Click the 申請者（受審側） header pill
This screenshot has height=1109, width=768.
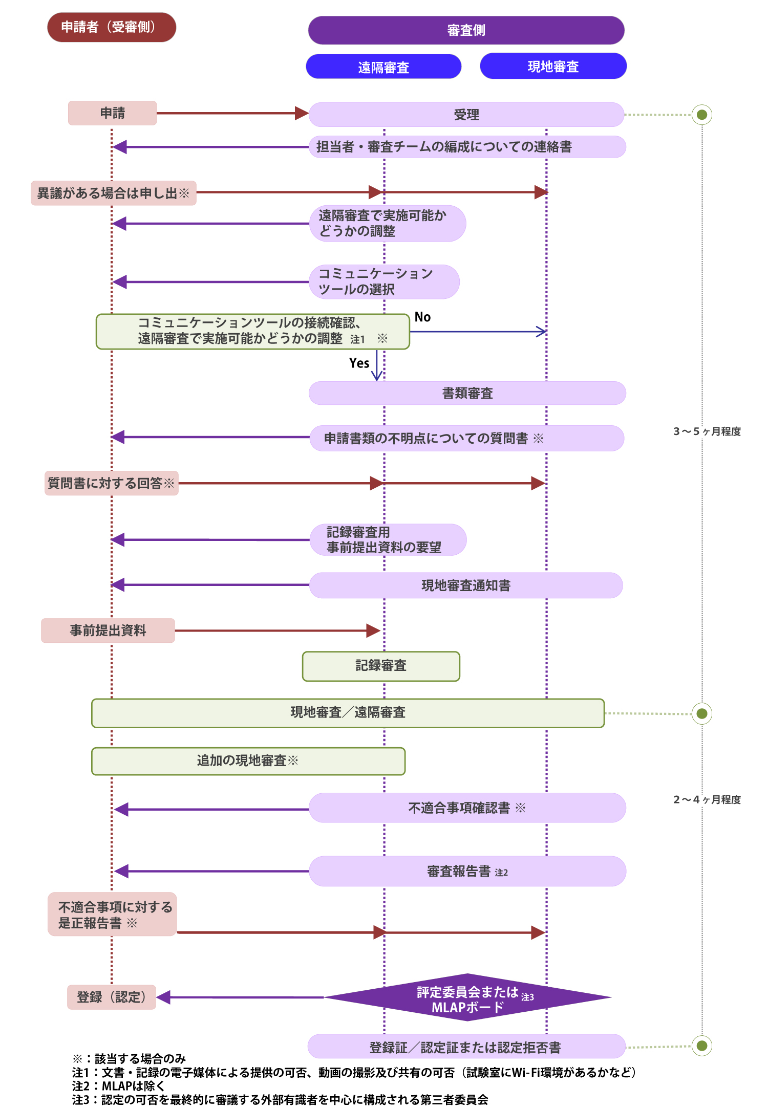point(112,27)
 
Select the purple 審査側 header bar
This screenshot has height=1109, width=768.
point(466,30)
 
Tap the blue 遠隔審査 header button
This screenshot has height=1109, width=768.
point(383,67)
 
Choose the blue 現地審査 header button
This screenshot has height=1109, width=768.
point(553,67)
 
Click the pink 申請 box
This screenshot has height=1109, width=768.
point(113,113)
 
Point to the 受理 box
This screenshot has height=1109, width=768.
point(466,115)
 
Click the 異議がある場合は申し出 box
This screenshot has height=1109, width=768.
point(114,193)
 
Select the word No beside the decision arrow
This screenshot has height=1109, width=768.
point(422,317)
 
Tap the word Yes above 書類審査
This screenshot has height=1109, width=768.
point(359,363)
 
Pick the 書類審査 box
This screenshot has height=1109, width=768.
point(467,393)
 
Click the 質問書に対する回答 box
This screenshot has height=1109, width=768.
point(112,483)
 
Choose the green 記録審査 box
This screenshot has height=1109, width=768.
point(381,666)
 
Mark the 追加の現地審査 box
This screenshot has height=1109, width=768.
point(248,761)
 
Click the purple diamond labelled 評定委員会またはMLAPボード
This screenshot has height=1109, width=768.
point(467,997)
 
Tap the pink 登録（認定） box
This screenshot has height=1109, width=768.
point(112,997)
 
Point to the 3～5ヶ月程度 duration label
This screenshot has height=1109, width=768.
point(707,431)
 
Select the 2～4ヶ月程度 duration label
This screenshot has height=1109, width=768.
point(707,799)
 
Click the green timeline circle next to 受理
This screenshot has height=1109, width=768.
point(702,115)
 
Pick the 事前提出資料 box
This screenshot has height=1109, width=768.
point(108,630)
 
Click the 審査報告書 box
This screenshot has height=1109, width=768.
point(467,871)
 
